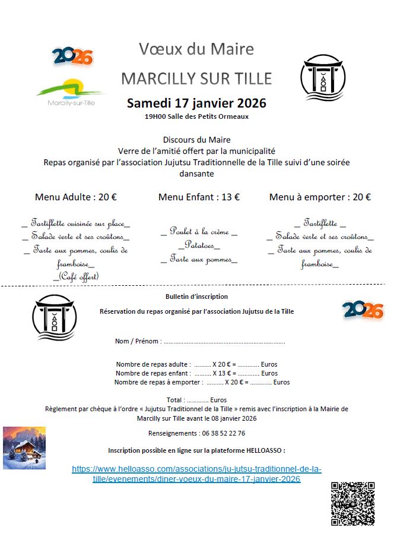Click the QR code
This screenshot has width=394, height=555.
pyautogui.click(x=352, y=503)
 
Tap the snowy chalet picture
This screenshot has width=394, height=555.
pyautogui.click(x=24, y=447)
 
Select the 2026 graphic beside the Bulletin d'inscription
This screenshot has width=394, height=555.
pyautogui.click(x=363, y=310)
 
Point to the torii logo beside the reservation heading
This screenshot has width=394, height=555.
pyautogui.click(x=55, y=317)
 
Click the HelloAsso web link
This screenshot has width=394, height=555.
pyautogui.click(x=196, y=474)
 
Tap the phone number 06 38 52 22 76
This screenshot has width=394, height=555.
pyautogui.click(x=216, y=433)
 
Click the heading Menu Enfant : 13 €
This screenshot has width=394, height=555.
pyautogui.click(x=199, y=197)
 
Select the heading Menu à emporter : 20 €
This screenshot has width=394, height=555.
pyautogui.click(x=320, y=197)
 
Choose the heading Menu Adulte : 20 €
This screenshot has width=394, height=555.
pyautogui.click(x=76, y=197)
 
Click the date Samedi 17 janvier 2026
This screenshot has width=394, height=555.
pyautogui.click(x=196, y=103)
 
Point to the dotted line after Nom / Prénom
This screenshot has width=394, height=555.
pyautogui.click(x=224, y=342)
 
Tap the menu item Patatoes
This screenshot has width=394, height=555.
pyautogui.click(x=199, y=245)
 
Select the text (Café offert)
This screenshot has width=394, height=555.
pyautogui.click(x=76, y=276)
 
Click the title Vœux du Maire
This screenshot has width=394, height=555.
pyautogui.click(x=196, y=49)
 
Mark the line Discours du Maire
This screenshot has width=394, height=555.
pyautogui.click(x=196, y=140)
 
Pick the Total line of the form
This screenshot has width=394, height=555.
pyautogui.click(x=196, y=400)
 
